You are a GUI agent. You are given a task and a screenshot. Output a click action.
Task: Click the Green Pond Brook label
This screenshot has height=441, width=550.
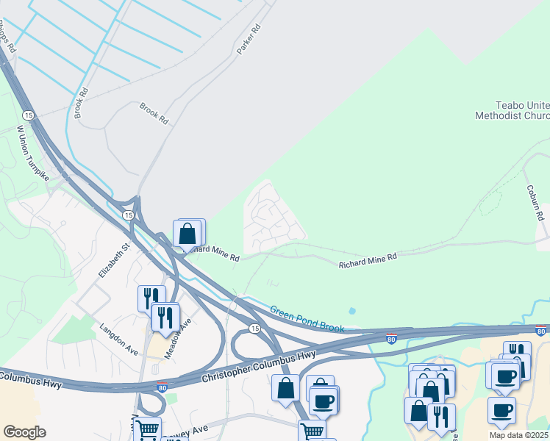pyautogui.click(x=307, y=320)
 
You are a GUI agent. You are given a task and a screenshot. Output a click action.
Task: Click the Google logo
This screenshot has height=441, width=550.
pyautogui.click(x=24, y=432)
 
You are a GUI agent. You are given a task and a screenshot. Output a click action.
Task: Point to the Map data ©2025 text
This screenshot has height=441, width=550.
pyautogui.click(x=519, y=435)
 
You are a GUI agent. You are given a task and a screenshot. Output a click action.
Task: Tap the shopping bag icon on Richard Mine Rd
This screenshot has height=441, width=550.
pyautogui.click(x=187, y=234)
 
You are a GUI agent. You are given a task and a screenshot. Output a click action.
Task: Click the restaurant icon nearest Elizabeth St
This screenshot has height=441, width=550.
pyautogui.click(x=150, y=297)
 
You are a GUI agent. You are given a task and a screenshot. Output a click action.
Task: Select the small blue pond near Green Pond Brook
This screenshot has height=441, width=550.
pyautogui.click(x=351, y=312)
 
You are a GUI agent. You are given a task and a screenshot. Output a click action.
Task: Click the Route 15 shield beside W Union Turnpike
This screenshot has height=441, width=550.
pyautogui.click(x=28, y=115)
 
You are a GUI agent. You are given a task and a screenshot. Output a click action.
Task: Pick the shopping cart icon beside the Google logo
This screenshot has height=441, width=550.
pyautogui.click(x=147, y=429)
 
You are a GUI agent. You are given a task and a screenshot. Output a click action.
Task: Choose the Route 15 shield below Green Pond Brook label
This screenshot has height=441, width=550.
pyautogui.click(x=254, y=328)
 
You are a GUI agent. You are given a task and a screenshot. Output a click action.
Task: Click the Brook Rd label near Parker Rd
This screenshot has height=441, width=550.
pyautogui.click(x=154, y=112)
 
